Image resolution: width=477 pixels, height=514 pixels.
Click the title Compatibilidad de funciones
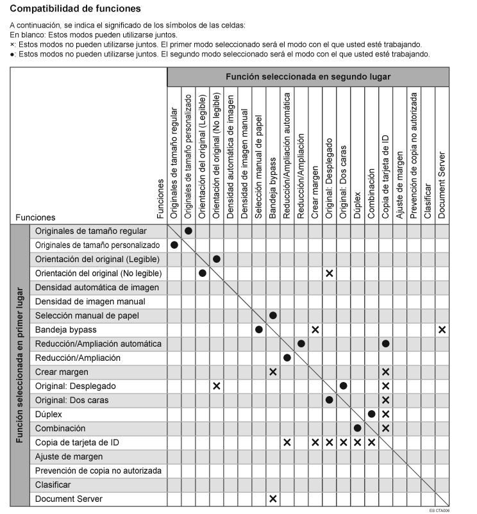76,9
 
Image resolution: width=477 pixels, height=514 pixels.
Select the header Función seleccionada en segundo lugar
308,76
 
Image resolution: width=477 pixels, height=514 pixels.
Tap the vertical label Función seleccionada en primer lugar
19,365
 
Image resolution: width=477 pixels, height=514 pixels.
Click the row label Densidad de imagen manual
90,301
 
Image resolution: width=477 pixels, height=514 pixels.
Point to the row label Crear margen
62,372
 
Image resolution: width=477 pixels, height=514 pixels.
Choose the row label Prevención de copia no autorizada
98,470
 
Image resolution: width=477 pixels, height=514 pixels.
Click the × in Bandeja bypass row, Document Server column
442,329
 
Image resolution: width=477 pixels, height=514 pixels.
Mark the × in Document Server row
273,499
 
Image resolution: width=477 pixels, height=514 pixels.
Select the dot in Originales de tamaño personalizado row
174,245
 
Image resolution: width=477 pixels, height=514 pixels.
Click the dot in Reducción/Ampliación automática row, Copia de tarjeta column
386,344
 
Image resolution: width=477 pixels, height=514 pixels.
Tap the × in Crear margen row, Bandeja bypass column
273,372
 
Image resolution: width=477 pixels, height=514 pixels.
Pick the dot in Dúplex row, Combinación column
372,414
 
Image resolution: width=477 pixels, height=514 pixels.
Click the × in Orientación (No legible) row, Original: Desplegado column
330,273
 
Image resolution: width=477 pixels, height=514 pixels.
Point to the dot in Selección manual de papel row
273,315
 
